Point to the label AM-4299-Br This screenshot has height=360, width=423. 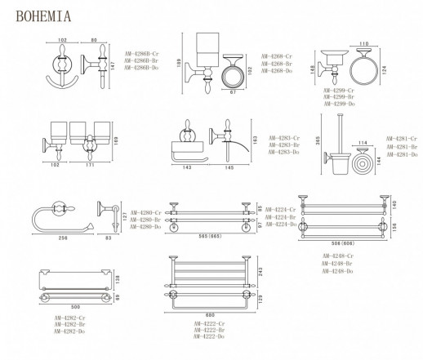339,97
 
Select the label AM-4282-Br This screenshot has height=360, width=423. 47,324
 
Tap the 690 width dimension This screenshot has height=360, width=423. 211,315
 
